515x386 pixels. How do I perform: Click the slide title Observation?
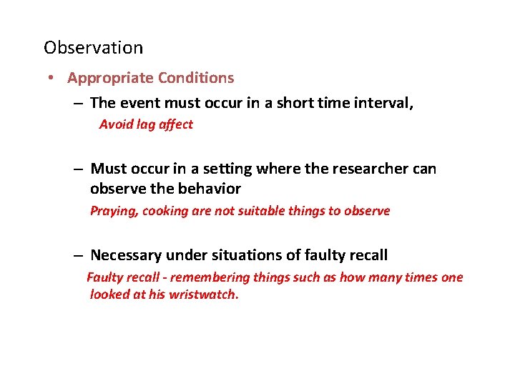tap(93, 48)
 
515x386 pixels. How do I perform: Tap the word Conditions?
tap(196, 77)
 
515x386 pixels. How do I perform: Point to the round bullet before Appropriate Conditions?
tap(54, 78)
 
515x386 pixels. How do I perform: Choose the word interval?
tap(387, 103)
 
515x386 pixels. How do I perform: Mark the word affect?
tap(176, 124)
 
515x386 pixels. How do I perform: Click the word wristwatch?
tap(202, 295)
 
